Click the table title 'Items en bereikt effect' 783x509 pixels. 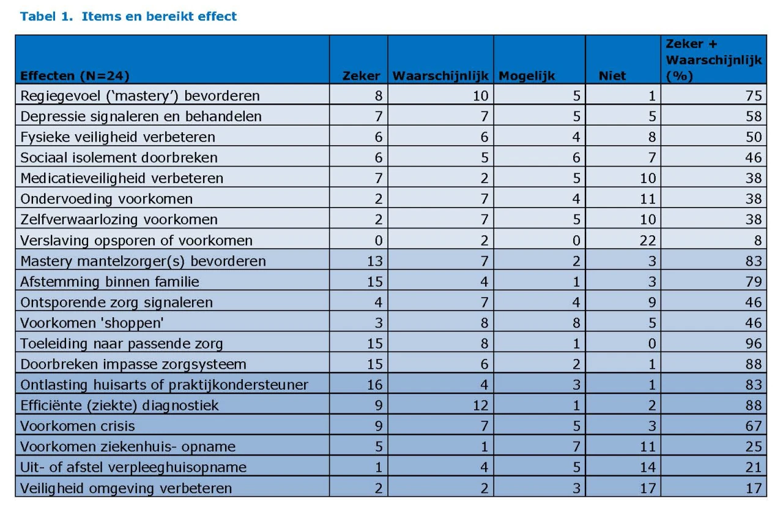pos(159,17)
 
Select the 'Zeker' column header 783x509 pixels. pos(361,76)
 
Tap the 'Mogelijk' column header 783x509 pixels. pos(527,76)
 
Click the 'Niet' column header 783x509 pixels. pos(612,76)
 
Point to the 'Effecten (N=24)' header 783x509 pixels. pos(75,76)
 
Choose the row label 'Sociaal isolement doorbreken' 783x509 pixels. pos(119,157)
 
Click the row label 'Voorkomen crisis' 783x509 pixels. pos(78,426)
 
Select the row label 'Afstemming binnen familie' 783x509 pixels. pos(109,282)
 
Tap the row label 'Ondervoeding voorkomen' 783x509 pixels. pos(106,199)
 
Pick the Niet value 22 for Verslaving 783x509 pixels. pos(647,241)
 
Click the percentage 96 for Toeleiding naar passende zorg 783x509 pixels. pos(753,344)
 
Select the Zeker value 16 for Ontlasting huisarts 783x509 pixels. pos(375,385)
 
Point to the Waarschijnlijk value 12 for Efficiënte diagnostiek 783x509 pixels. pos(480,405)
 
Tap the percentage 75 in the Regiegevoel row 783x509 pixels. pos(753,96)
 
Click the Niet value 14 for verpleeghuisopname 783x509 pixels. pos(647,467)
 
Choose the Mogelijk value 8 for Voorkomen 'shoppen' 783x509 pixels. pos(576,323)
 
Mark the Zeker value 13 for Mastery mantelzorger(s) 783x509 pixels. pos(375,261)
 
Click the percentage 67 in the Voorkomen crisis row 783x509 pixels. pos(753,426)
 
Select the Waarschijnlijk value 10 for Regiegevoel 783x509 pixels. pos(480,96)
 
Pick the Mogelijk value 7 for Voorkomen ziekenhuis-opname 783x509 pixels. pos(576,447)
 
